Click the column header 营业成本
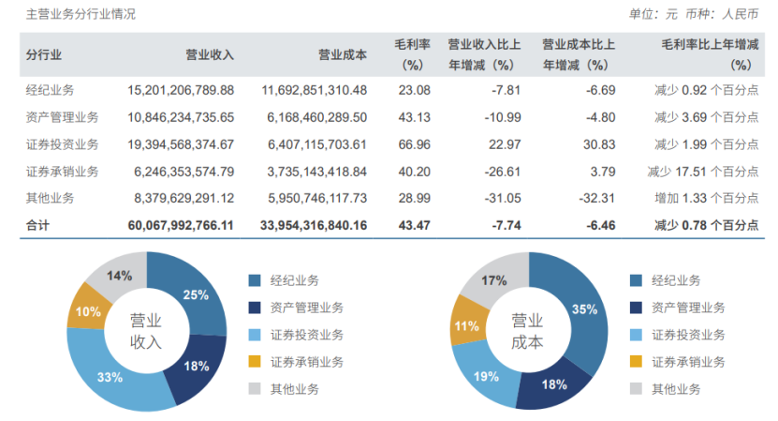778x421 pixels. pyautogui.click(x=343, y=54)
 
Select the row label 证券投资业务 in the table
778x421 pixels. pyautogui.click(x=62, y=143)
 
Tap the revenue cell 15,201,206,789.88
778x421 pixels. pyautogui.click(x=181, y=90)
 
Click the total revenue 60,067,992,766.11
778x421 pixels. pyautogui.click(x=181, y=225)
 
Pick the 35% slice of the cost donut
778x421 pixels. pyautogui.click(x=582, y=309)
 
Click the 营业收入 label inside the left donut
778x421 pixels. pyautogui.click(x=146, y=331)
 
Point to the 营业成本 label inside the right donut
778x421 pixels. pyautogui.click(x=528, y=331)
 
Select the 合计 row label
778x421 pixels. pyautogui.click(x=39, y=225)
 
